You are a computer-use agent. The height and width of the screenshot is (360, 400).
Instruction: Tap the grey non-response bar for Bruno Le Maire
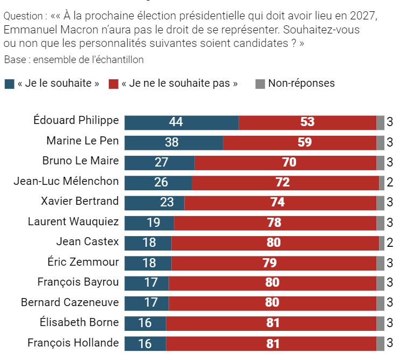tap(381, 163)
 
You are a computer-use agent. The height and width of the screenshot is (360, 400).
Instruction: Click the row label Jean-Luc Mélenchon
tap(66, 181)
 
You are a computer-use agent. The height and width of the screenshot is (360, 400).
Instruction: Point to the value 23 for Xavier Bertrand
tap(167, 203)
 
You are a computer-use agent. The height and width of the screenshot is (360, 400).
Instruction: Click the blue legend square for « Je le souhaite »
tap(9, 84)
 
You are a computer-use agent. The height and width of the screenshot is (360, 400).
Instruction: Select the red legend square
tap(113, 84)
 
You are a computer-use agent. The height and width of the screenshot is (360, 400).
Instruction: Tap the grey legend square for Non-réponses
tap(260, 84)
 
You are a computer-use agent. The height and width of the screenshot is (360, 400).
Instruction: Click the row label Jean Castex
tap(87, 242)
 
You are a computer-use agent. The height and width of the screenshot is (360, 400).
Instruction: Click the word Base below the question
tap(14, 60)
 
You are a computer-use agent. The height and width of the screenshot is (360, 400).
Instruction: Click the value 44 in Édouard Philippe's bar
tap(176, 122)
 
